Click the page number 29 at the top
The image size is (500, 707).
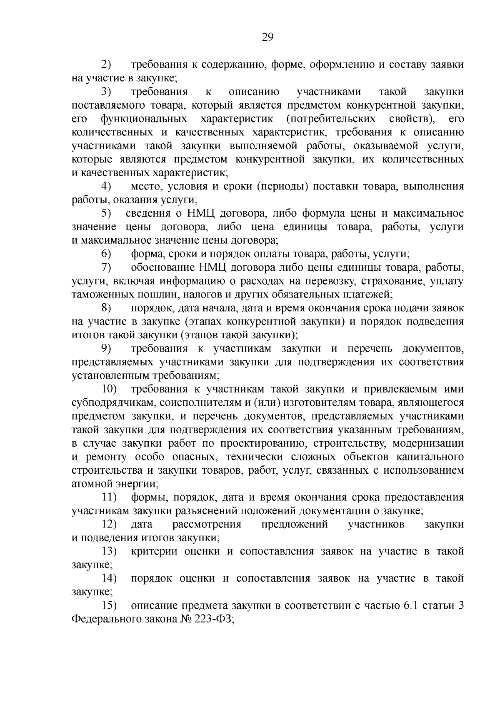[x=267, y=38]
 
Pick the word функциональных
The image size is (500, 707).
[x=143, y=119]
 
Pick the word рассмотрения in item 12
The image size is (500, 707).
[x=207, y=524]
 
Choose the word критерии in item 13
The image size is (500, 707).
[x=154, y=551]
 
